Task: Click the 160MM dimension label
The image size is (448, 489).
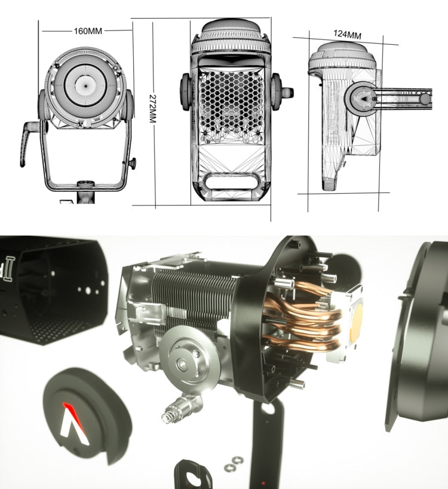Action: coord(88,31)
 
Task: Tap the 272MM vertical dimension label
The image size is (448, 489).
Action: coord(153,109)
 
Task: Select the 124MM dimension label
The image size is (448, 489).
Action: coord(348,34)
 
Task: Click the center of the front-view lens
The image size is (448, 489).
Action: coord(85,84)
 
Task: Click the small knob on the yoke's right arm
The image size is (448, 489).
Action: coord(132,163)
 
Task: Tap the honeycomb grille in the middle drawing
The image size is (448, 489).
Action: coord(231,102)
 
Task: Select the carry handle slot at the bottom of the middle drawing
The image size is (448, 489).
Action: coord(231,181)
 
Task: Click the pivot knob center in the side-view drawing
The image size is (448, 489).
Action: coord(363,98)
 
